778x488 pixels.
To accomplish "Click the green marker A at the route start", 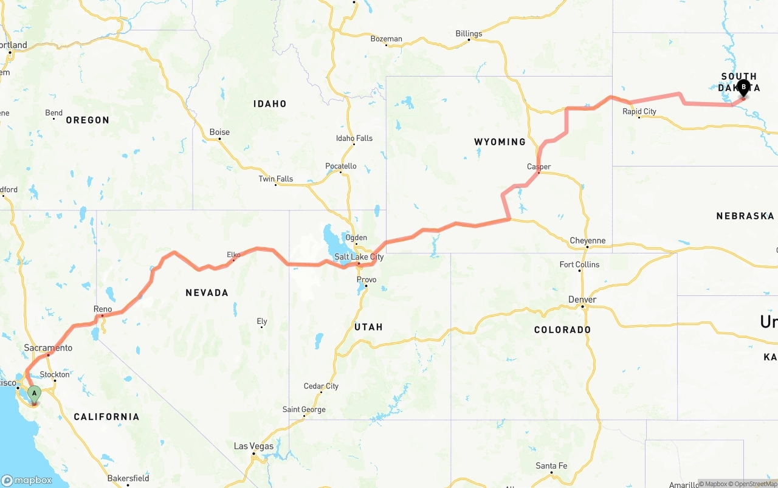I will coord(34,394).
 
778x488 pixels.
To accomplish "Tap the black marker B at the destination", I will coord(743,88).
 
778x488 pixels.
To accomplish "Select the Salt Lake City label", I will coord(359,257).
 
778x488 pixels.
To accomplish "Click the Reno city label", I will coord(103,309).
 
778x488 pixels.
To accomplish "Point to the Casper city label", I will coord(539,167).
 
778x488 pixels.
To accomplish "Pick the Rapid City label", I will coord(639,112).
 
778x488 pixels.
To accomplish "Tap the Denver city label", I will coord(582,300).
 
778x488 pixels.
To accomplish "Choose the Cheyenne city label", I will coord(588,241).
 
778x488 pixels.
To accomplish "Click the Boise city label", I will coord(219,132).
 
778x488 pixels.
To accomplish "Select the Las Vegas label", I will coord(254,446).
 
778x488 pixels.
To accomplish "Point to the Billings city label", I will coord(469,33).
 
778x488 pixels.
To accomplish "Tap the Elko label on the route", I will coord(233,255).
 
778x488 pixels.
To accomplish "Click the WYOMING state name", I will coord(500,142).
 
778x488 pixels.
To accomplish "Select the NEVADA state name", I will coord(207,293).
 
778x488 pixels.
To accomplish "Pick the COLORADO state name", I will coord(562,329).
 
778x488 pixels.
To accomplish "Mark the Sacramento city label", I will coord(48,348).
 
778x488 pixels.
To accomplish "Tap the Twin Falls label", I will coord(276,179).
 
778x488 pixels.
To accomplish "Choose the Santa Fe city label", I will coord(551,466).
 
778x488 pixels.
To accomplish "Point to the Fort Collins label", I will coord(579,264).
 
